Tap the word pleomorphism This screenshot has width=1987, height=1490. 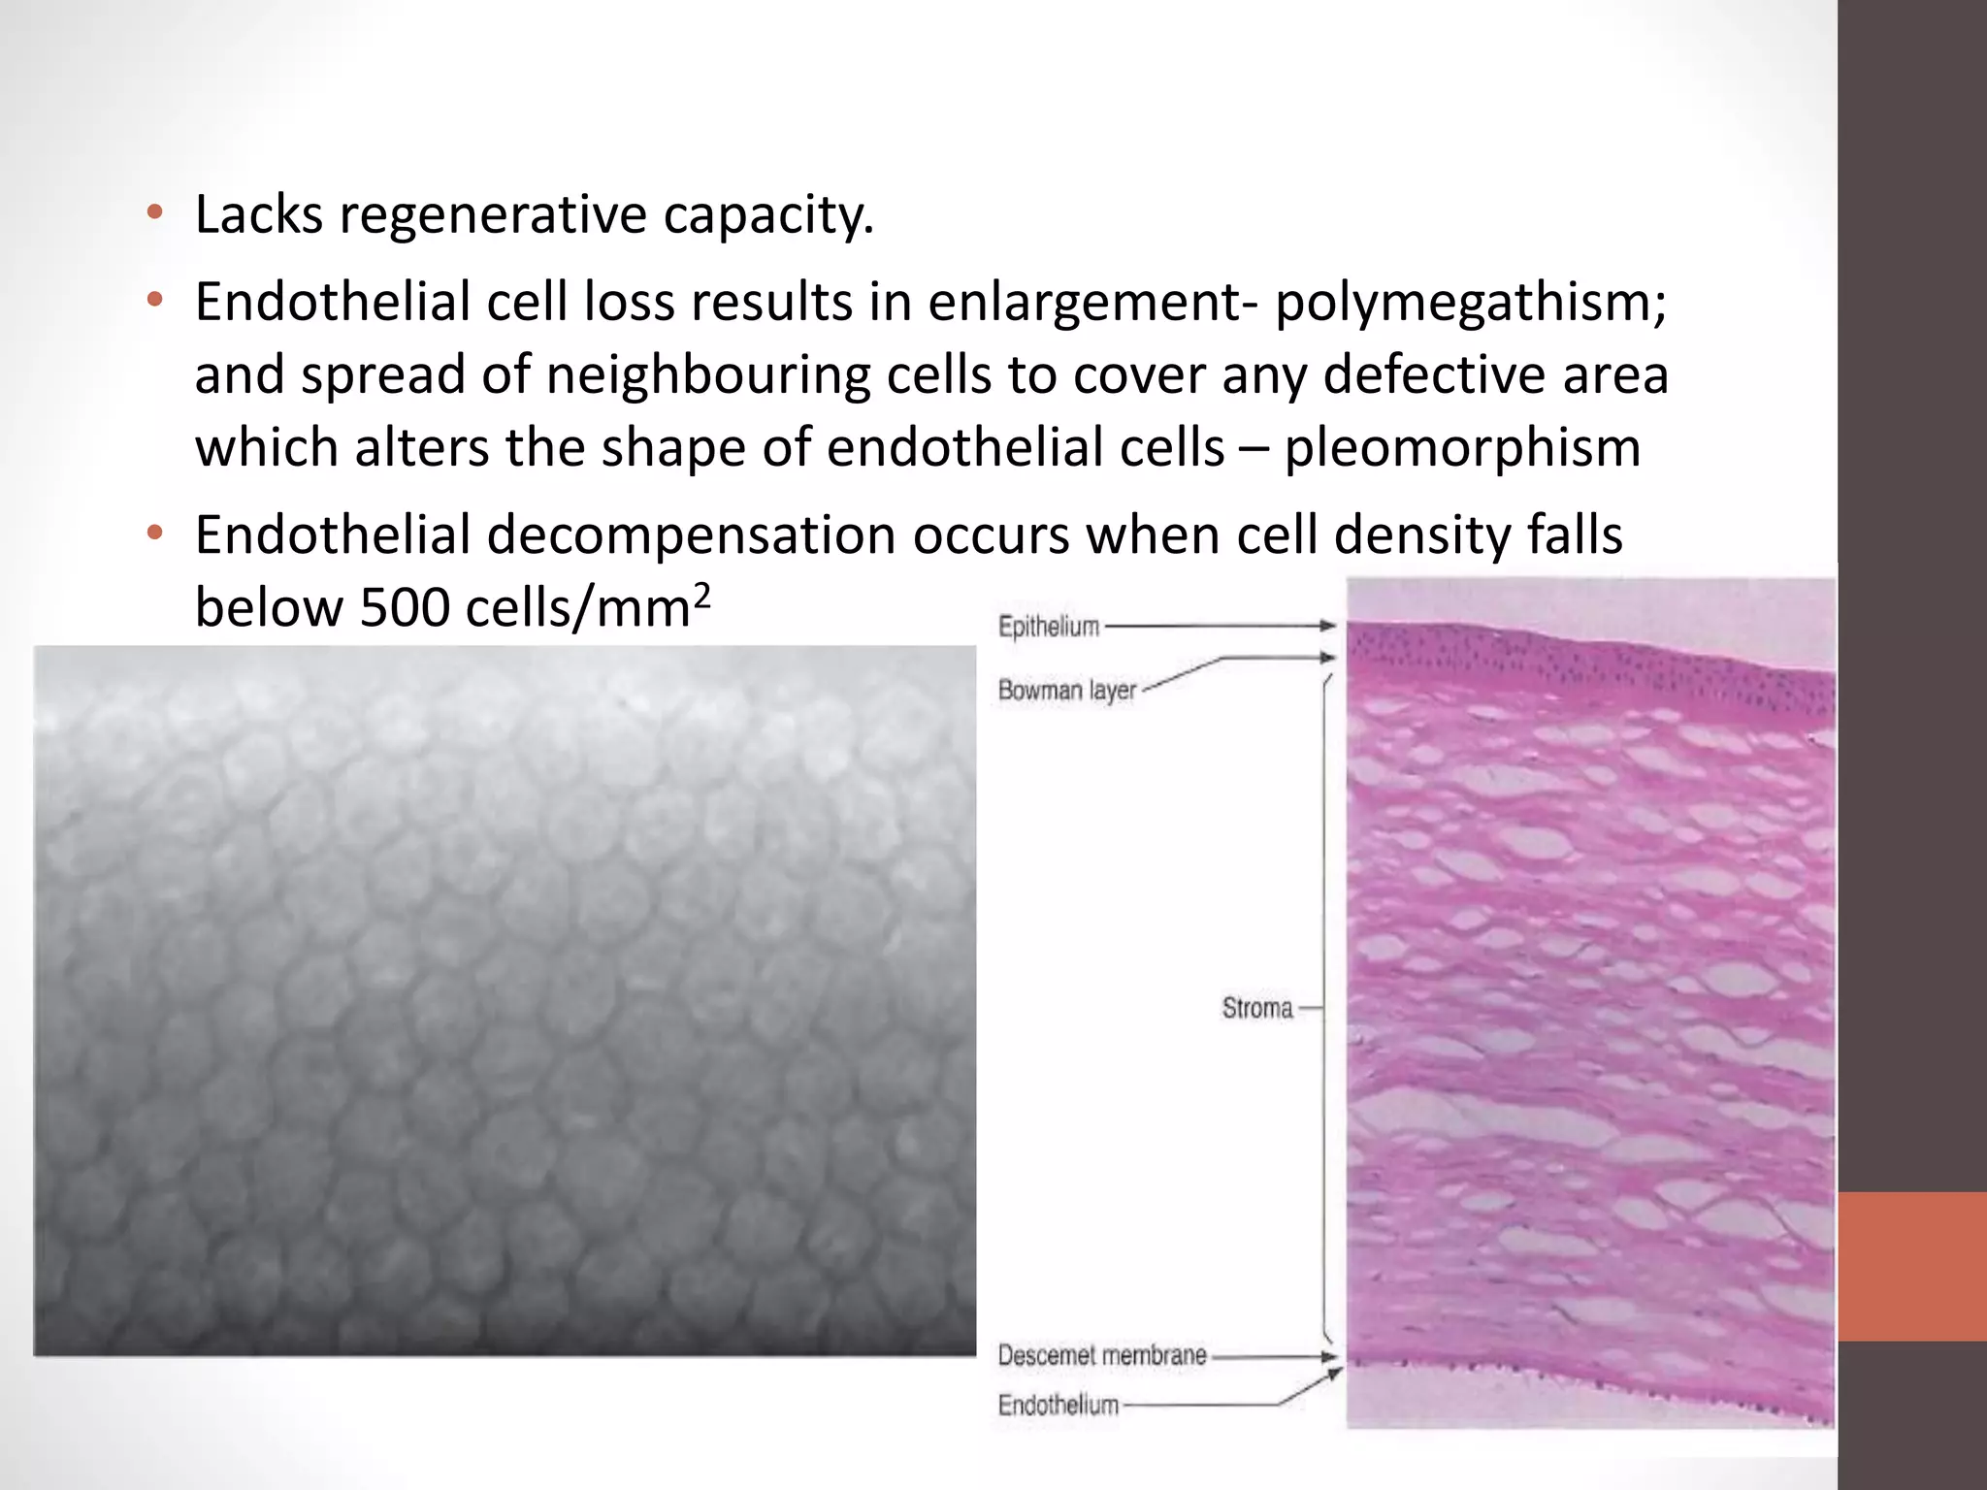tap(1462, 448)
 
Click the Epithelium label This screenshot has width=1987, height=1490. tap(1049, 627)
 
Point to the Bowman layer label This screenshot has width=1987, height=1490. tap(1066, 691)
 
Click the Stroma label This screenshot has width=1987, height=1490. tap(1256, 1009)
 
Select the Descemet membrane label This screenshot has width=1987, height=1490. tap(1102, 1355)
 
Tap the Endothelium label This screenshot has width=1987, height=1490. tap(1059, 1405)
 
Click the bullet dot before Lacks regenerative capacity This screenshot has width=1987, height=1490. tap(154, 213)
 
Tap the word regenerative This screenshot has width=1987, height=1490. tap(492, 215)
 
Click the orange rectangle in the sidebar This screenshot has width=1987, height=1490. tap(1911, 1266)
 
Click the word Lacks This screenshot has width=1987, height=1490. tap(258, 215)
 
